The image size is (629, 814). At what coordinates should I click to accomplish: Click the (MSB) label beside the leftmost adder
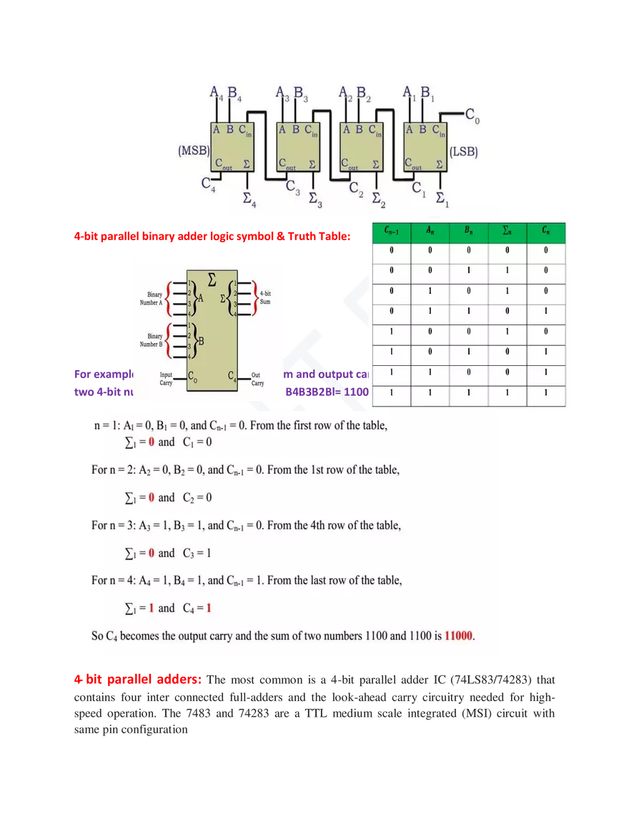tap(193, 152)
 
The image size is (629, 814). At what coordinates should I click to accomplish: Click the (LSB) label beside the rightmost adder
tap(463, 152)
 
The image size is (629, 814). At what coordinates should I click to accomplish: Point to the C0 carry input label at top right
tap(472, 114)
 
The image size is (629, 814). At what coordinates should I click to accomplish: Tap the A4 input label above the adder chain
tap(216, 93)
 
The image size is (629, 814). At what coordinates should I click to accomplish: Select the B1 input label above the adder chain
tap(426, 93)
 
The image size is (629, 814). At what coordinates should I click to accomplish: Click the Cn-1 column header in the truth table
tap(391, 232)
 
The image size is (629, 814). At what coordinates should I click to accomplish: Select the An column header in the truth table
tap(430, 232)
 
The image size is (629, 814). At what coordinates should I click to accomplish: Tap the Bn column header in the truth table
tap(468, 232)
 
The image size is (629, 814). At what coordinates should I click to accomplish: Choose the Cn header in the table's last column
tap(545, 232)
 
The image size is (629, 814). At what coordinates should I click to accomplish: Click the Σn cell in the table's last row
tap(507, 393)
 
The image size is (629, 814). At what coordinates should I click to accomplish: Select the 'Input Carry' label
tap(165, 379)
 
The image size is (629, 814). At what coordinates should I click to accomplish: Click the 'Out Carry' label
tap(257, 379)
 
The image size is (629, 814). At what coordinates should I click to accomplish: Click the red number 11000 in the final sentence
tap(459, 635)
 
